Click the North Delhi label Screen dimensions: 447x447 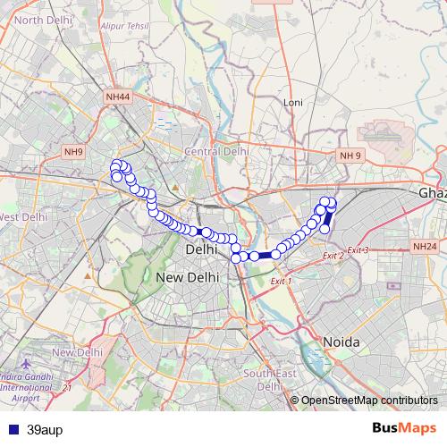pos(41,19)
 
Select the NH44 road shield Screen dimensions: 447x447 pos(117,96)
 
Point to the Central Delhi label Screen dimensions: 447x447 pos(215,152)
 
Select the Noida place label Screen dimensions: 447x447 pos(341,342)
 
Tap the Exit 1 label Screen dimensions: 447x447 pos(281,281)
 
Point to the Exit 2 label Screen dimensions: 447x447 pos(332,256)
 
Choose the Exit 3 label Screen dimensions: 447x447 pos(358,249)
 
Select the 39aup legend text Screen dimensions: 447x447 pos(45,429)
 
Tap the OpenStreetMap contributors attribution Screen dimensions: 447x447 pos(368,400)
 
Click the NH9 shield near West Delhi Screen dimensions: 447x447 pos(73,152)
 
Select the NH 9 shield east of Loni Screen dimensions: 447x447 pos(350,156)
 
